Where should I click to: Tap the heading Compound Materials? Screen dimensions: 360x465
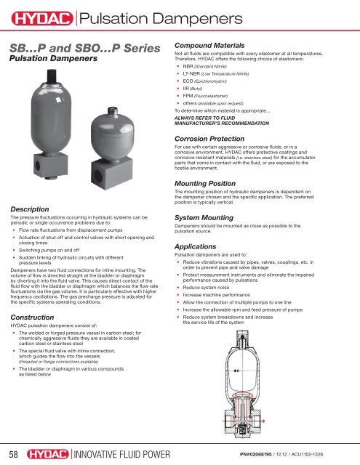pyautogui.click(x=215, y=44)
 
